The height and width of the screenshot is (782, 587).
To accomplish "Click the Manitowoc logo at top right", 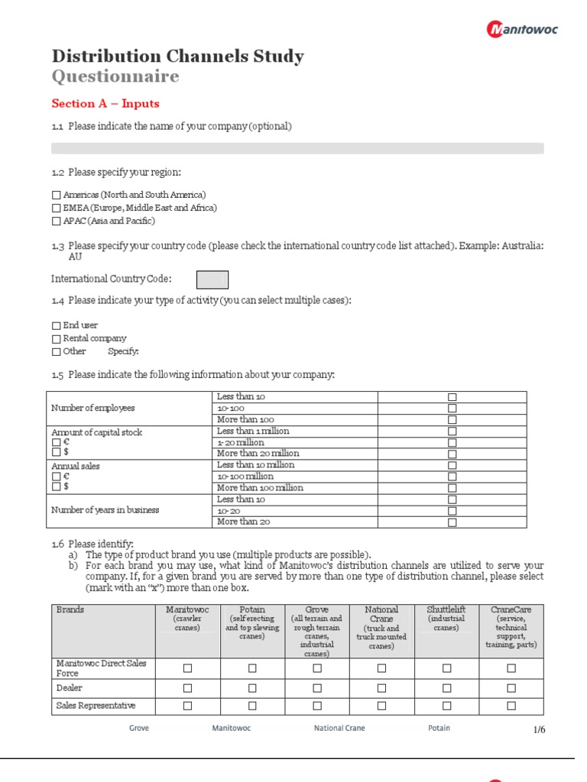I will pos(522,29).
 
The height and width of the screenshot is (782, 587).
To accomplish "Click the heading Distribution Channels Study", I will pos(177,57).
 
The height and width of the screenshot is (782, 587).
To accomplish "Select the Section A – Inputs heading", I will pos(105,104).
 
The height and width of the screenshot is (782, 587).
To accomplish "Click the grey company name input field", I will pos(297,148).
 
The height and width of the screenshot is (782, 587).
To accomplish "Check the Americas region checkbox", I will pos(57,195).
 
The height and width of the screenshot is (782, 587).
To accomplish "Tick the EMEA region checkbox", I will pos(57,208).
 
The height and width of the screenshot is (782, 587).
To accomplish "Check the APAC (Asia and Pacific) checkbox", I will pos(57,221).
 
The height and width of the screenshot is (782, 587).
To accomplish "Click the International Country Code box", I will pos(212,280).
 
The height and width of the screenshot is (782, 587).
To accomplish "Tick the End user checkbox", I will pos(57,326).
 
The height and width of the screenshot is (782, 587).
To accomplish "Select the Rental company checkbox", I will pos(57,339).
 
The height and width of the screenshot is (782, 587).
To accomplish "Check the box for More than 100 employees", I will pos(452,420).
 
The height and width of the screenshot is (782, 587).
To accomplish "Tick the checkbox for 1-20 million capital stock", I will pos(452,443).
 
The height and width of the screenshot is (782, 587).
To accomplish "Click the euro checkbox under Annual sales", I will pos(56,476).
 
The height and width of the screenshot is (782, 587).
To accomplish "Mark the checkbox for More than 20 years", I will pos(452,522).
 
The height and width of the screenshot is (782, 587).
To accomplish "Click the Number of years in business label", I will pos(105,510).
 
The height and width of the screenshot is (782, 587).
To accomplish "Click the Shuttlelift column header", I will pos(446,610).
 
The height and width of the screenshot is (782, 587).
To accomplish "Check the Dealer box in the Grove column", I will pos(317,687).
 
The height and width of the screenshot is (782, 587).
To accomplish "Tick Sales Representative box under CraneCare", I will pos(511,706).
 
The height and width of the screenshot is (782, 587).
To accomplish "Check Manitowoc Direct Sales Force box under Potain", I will pos(252,668).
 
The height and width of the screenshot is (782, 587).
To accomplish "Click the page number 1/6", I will pos(540,730).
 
